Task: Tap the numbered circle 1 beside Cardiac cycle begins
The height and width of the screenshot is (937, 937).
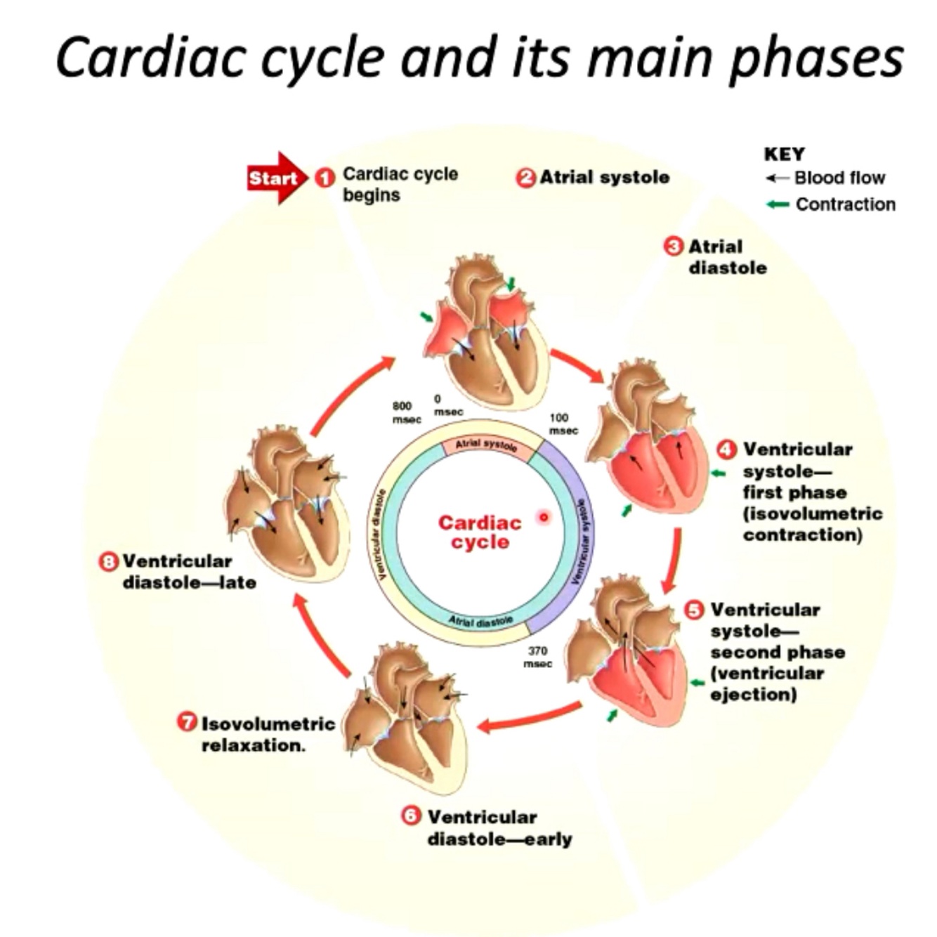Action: (x=324, y=178)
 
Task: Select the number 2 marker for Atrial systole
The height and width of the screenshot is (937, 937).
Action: (x=525, y=178)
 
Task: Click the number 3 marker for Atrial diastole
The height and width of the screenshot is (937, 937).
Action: (x=673, y=247)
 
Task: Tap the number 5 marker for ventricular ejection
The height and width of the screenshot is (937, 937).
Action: (x=694, y=610)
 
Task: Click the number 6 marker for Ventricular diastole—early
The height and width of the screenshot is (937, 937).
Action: (x=411, y=816)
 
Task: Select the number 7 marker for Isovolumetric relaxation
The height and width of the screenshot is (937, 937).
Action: (x=186, y=723)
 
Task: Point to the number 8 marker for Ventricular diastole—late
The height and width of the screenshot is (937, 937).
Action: (x=109, y=561)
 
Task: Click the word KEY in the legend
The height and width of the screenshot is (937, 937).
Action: (x=784, y=154)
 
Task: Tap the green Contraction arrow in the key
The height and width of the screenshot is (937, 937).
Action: (x=778, y=204)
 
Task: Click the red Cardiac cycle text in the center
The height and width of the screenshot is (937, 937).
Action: (x=480, y=532)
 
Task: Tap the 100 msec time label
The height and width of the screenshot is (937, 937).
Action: (x=563, y=424)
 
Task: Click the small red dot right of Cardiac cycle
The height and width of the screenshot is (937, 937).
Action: (x=543, y=518)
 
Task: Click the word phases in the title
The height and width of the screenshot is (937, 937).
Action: (x=815, y=58)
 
